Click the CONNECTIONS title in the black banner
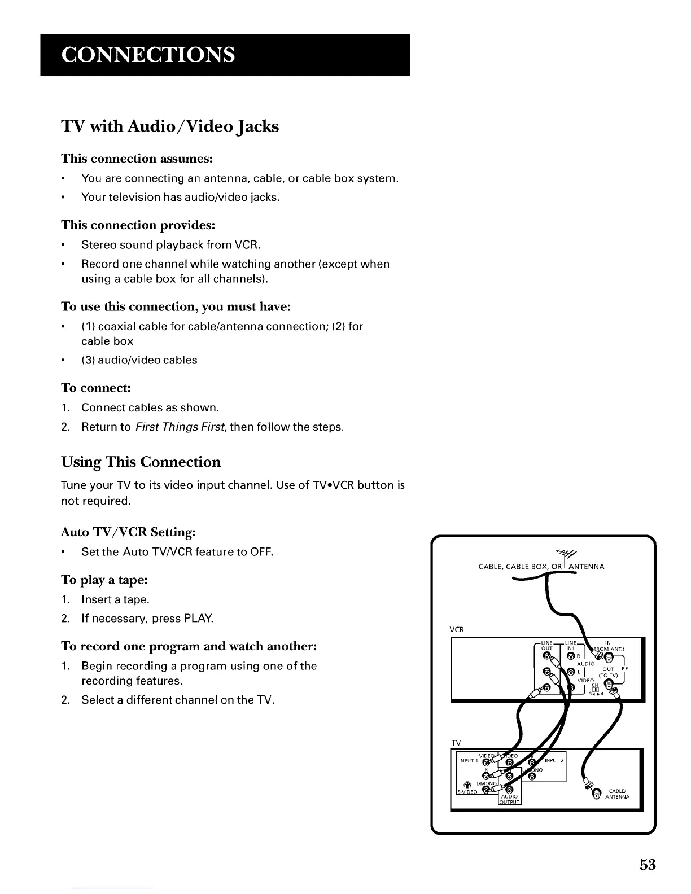point(148,55)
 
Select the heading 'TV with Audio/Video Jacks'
point(170,126)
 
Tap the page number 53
point(648,864)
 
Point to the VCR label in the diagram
point(457,629)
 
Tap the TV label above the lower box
point(456,743)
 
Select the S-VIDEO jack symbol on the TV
point(467,785)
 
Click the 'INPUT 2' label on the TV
point(554,760)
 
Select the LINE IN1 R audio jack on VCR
point(571,656)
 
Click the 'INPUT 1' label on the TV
point(468,760)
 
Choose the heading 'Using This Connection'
point(141,462)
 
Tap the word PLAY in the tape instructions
point(198,618)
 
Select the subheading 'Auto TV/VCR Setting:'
point(128,532)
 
